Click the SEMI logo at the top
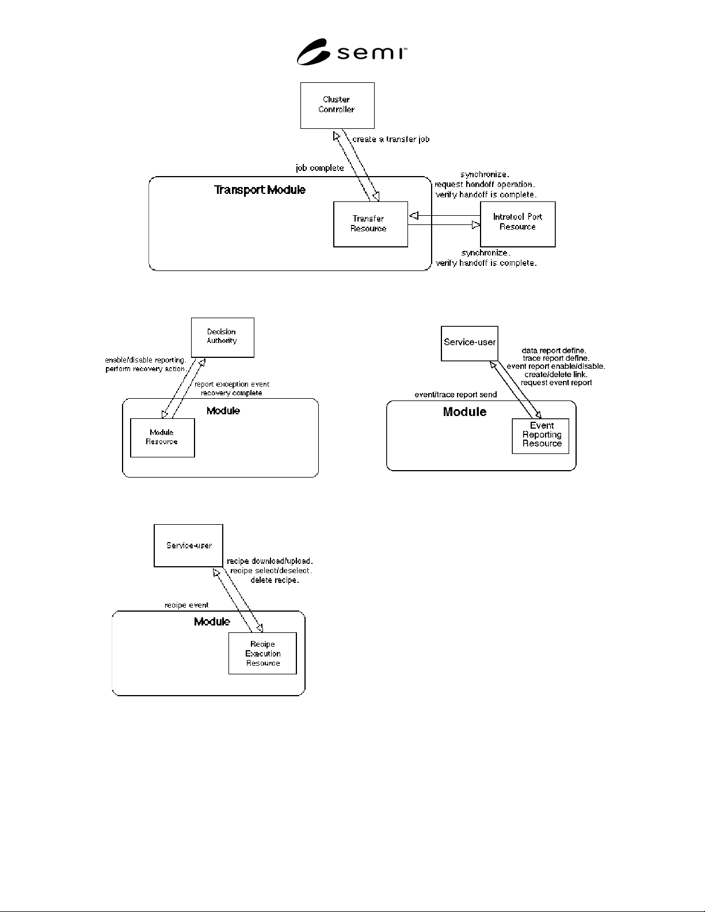pyautogui.click(x=352, y=52)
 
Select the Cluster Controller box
pyautogui.click(x=337, y=105)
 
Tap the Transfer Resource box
pyautogui.click(x=371, y=224)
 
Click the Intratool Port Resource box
pyautogui.click(x=518, y=224)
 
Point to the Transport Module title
pyautogui.click(x=260, y=190)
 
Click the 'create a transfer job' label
pyautogui.click(x=391, y=139)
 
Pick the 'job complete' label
pyautogui.click(x=320, y=168)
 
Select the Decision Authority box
pyautogui.click(x=222, y=337)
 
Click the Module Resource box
pyautogui.click(x=162, y=438)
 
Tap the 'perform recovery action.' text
pyautogui.click(x=146, y=369)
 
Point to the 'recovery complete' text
pyautogui.click(x=231, y=393)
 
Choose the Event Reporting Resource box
pyautogui.click(x=540, y=436)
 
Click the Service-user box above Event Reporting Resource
pyautogui.click(x=470, y=344)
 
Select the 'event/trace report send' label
pyautogui.click(x=455, y=395)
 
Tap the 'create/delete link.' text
pyautogui.click(x=555, y=375)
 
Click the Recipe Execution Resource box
pyautogui.click(x=262, y=653)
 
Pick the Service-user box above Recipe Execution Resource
pyautogui.click(x=188, y=545)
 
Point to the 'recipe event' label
pyautogui.click(x=186, y=605)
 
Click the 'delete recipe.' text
pyautogui.click(x=275, y=580)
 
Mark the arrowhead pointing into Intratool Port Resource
pyautogui.click(x=476, y=225)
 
